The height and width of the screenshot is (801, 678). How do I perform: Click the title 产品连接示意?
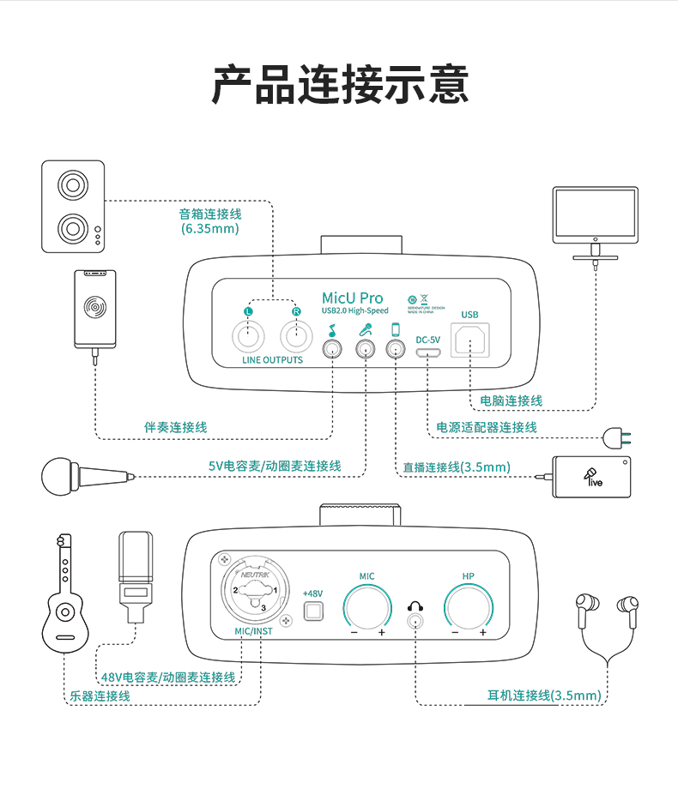point(340,85)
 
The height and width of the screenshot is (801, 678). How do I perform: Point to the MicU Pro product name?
point(352,298)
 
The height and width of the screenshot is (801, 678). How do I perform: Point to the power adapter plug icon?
point(619,437)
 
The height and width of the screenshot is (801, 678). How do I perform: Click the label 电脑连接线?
point(511,400)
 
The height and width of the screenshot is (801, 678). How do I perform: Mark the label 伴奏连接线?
point(175,427)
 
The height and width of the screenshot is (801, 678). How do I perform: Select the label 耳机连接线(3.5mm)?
point(544,696)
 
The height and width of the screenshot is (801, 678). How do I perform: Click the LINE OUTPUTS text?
point(272,360)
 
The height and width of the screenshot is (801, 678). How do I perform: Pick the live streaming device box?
point(592,477)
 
